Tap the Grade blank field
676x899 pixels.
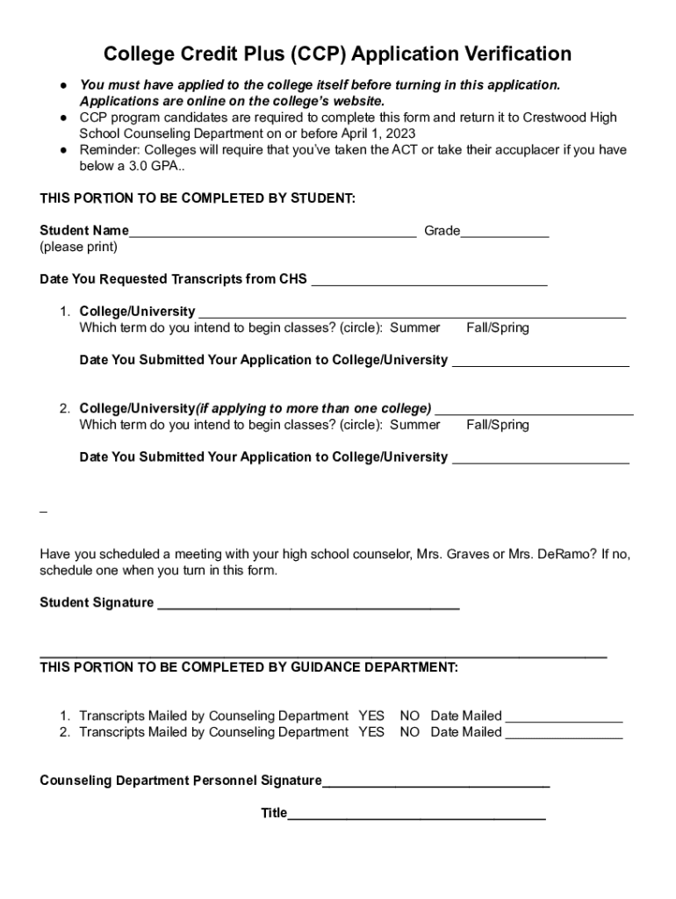coord(505,234)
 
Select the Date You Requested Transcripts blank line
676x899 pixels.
coord(429,283)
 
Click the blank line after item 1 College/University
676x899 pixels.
coord(412,314)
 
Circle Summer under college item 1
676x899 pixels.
coord(414,327)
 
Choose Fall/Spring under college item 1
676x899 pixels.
coord(497,327)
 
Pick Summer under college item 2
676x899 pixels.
coord(414,425)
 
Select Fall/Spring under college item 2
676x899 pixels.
coord(497,425)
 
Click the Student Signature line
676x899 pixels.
coord(308,605)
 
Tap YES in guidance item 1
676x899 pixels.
coord(371,716)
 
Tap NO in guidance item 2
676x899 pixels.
coord(409,732)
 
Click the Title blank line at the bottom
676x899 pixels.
coord(416,816)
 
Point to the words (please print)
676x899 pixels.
coord(78,247)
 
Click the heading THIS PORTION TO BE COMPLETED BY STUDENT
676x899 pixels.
coord(198,198)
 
